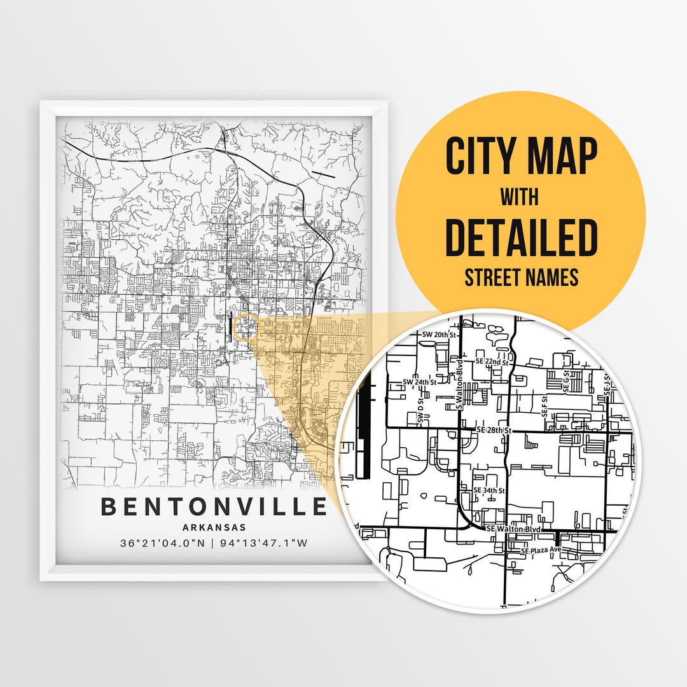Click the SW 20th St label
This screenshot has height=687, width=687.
440,334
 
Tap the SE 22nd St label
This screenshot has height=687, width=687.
493,361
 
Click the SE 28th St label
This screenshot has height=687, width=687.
494,431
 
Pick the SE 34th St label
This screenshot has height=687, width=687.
490,490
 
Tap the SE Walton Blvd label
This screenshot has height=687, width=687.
513,529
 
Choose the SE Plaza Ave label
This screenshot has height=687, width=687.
542,550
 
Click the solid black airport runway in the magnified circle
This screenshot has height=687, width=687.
363,433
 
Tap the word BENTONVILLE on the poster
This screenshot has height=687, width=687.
214,507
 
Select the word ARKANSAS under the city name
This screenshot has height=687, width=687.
214,527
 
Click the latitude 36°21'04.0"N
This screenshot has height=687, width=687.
162,543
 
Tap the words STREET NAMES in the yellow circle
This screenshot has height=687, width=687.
521,277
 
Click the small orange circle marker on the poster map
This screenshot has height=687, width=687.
246,327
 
